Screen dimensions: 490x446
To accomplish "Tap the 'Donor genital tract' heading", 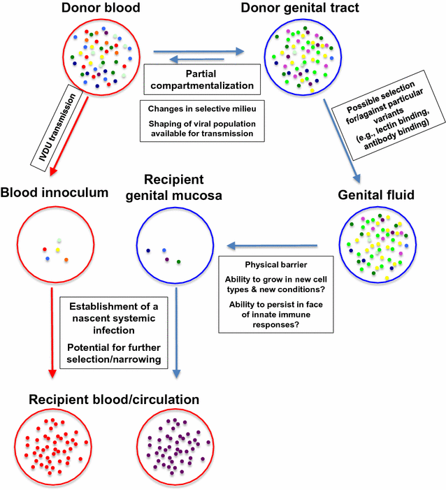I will pyautogui.click(x=300, y=9).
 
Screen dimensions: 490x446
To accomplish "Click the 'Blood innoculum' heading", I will pyautogui.click(x=54, y=192).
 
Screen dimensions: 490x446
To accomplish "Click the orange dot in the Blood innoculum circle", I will pyautogui.click(x=66, y=261).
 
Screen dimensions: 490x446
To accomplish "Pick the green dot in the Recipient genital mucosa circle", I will pyautogui.click(x=180, y=262).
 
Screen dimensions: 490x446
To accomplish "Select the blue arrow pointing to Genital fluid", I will pyautogui.click(x=343, y=140).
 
